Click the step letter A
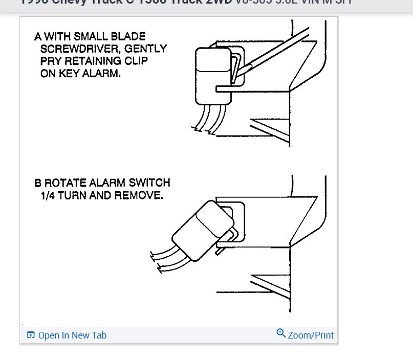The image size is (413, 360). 38,37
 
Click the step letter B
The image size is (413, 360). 38,183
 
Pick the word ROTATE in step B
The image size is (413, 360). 62,183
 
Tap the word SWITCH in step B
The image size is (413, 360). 151,183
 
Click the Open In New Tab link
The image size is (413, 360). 72,335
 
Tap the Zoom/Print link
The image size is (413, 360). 311,335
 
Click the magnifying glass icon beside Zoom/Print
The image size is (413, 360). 280,333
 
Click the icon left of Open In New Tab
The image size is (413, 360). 31,335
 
